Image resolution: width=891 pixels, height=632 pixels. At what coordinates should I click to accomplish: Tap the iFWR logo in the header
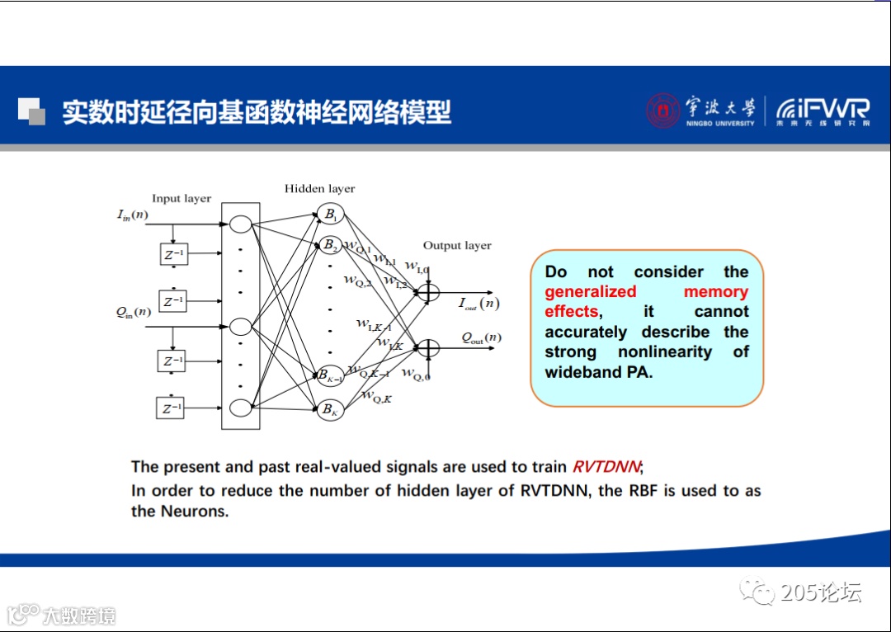tap(823, 111)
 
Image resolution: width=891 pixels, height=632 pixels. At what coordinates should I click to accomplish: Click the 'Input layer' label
tap(181, 198)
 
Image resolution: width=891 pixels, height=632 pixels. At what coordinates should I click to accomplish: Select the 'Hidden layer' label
tap(319, 188)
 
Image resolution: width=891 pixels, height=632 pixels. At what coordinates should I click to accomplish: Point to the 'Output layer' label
tap(457, 245)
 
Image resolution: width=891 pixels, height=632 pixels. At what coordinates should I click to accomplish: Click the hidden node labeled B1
tap(330, 215)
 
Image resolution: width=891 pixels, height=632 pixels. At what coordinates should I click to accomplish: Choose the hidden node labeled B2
tap(330, 245)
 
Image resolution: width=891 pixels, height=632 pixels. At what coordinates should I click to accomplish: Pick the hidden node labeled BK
tap(330, 408)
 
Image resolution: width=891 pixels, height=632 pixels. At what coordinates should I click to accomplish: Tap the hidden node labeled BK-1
tap(331, 376)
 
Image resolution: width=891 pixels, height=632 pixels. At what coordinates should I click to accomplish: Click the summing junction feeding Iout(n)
tap(428, 293)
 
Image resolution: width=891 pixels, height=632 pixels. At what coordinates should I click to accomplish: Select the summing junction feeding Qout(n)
tap(428, 348)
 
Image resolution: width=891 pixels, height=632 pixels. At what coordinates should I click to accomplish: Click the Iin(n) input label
tap(133, 215)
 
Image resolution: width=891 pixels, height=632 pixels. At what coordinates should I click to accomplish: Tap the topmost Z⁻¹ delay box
tap(173, 254)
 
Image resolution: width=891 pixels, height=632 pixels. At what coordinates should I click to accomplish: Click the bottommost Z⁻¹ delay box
tap(172, 408)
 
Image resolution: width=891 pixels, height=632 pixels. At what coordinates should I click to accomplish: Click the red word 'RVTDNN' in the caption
tap(606, 467)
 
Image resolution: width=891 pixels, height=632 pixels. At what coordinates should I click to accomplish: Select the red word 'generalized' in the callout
tap(591, 291)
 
